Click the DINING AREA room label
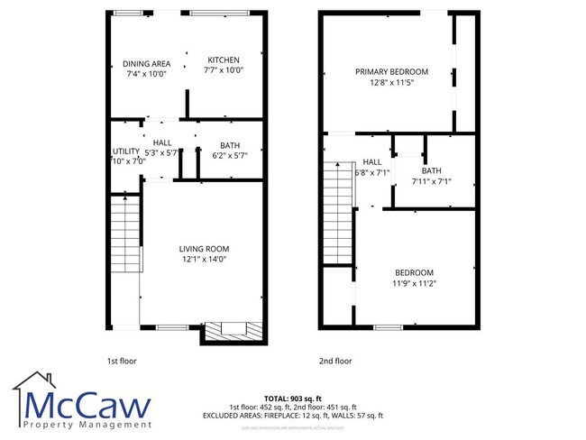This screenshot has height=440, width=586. point(147,63)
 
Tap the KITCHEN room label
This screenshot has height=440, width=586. point(223,60)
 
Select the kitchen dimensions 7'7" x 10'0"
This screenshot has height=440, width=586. point(223,70)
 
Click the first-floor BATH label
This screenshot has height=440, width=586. point(230,145)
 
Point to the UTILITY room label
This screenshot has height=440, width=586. point(125,151)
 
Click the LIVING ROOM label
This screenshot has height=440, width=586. point(203,249)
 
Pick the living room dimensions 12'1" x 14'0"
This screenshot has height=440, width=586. point(203,260)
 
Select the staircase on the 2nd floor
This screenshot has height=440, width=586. point(338,203)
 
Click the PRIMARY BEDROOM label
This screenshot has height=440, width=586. point(391,72)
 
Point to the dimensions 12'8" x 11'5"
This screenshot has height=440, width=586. point(391,82)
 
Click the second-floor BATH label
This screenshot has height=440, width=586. point(431,171)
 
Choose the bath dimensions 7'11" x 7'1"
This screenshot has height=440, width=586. point(431,181)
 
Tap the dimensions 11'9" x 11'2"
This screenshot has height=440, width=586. point(414,283)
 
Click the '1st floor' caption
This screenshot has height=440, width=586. point(121,361)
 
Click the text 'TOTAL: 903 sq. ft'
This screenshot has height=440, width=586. point(292,398)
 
